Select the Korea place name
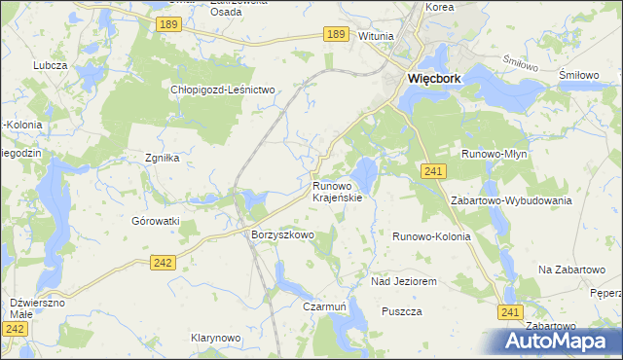(x=440, y=7)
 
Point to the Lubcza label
(x=49, y=64)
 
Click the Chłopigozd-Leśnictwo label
(x=225, y=90)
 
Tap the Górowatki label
(x=156, y=221)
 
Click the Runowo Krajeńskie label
(x=337, y=191)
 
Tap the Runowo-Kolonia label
(x=431, y=236)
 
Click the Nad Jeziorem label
(x=403, y=281)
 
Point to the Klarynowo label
(x=215, y=338)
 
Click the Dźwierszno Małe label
(x=37, y=308)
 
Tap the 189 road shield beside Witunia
(x=336, y=34)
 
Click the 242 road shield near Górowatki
(x=164, y=262)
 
